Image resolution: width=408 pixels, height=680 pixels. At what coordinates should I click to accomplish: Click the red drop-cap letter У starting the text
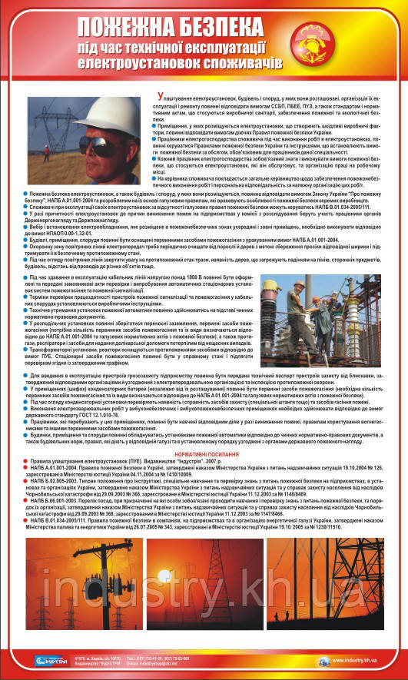[x=177, y=98]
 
